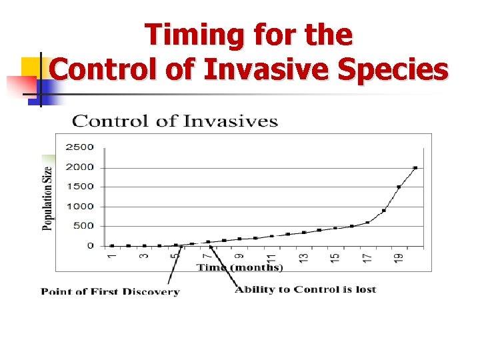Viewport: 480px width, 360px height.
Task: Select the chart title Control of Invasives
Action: (x=175, y=121)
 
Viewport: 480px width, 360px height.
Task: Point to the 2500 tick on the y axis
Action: (x=81, y=147)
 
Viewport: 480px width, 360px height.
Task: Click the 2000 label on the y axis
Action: (x=81, y=167)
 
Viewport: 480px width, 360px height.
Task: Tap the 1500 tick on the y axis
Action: (x=81, y=187)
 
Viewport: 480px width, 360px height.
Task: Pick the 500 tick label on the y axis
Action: (x=83, y=226)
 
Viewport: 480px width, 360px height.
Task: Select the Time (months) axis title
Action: (x=239, y=267)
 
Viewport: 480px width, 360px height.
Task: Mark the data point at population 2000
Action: (x=415, y=168)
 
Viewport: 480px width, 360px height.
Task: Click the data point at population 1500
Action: (x=399, y=187)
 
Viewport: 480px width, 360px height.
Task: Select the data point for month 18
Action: (x=383, y=211)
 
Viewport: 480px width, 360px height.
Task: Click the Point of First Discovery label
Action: (x=110, y=291)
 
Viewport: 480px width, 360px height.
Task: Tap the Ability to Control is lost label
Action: (x=305, y=289)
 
